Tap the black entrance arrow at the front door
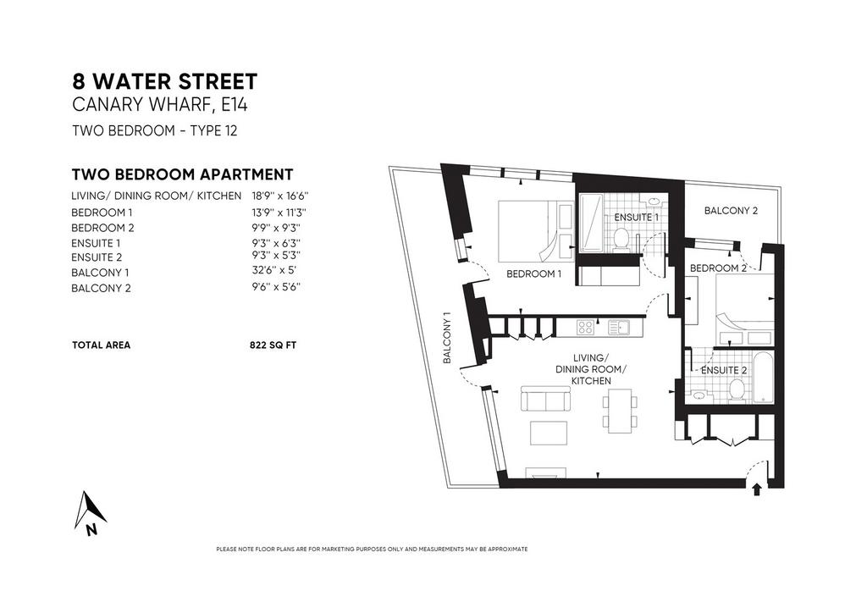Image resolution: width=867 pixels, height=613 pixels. pyautogui.click(x=757, y=489)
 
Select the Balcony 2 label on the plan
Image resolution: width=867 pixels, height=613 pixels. pyautogui.click(x=731, y=211)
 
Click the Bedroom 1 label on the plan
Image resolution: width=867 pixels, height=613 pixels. pyautogui.click(x=533, y=273)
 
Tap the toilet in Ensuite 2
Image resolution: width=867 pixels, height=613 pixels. pyautogui.click(x=736, y=390)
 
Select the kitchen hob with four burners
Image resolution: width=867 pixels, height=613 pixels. pyautogui.click(x=585, y=328)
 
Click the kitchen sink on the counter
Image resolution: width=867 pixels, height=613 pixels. pyautogui.click(x=619, y=328)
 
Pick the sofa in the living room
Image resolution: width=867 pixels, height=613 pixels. pyautogui.click(x=545, y=399)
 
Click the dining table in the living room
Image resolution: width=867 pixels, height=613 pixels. pyautogui.click(x=619, y=411)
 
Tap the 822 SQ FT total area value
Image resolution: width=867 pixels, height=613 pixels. pyautogui.click(x=273, y=345)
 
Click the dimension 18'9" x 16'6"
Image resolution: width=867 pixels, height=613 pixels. pyautogui.click(x=279, y=196)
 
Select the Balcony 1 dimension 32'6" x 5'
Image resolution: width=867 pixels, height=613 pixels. pyautogui.click(x=274, y=271)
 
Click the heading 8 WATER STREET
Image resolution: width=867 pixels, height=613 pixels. pyautogui.click(x=165, y=81)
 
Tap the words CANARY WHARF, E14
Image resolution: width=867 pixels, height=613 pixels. pyautogui.click(x=160, y=104)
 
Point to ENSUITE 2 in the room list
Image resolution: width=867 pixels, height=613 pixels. pyautogui.click(x=97, y=257)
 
